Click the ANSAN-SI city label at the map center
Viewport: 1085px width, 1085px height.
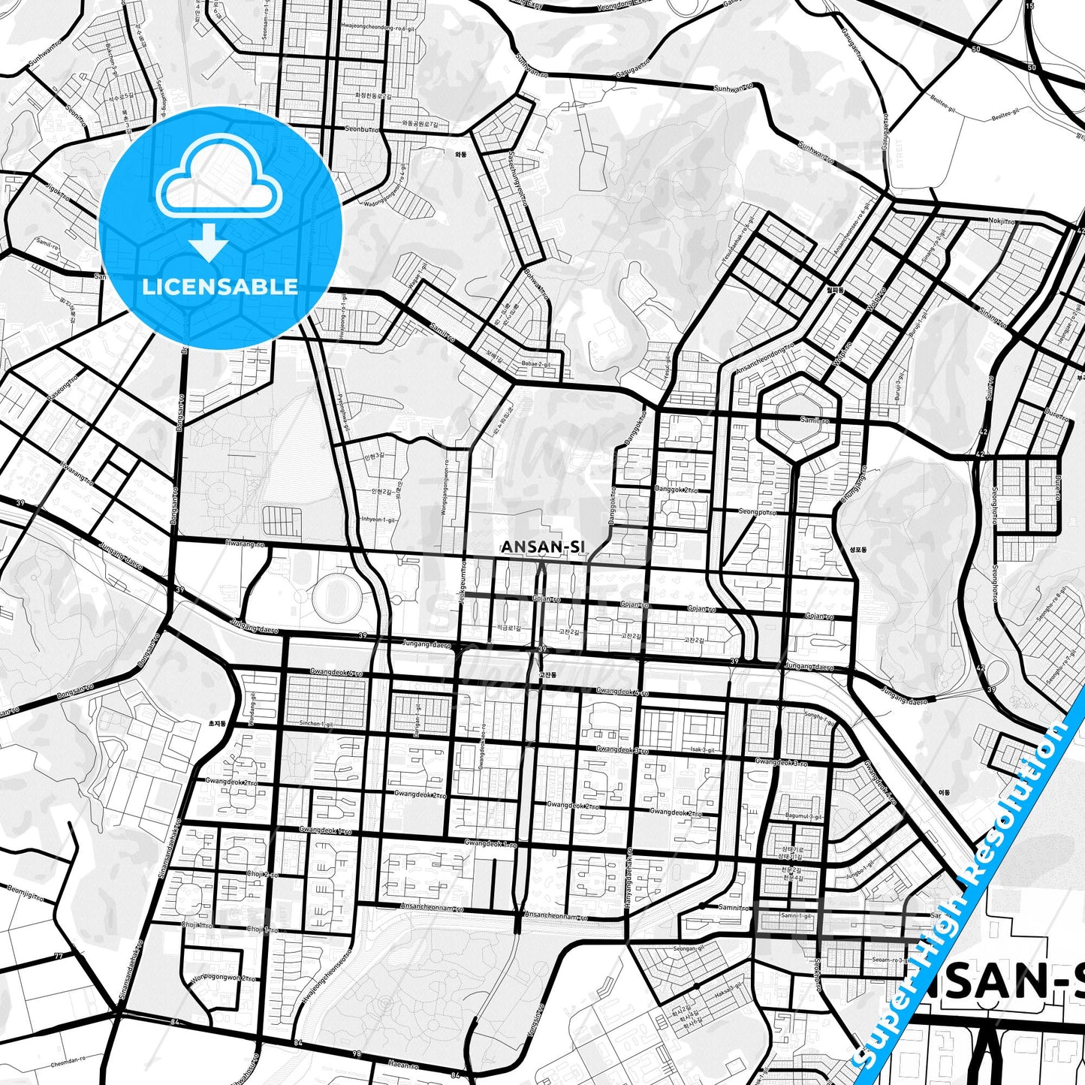click(542, 547)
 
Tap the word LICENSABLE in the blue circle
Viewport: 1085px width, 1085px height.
click(220, 286)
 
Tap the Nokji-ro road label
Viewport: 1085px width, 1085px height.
click(1001, 222)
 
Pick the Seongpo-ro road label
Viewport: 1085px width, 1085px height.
click(757, 511)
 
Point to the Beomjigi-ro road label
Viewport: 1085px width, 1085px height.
click(26, 893)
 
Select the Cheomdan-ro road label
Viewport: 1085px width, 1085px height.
click(68, 1063)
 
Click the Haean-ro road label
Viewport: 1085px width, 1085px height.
click(403, 1063)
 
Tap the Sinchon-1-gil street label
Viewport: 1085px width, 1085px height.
click(316, 724)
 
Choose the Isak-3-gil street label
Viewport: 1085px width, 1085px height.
click(703, 749)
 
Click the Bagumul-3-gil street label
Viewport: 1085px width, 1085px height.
click(803, 816)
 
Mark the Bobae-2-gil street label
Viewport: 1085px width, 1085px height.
click(535, 364)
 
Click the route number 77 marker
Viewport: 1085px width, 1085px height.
click(58, 957)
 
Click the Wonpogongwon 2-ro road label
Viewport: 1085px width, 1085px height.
click(223, 978)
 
